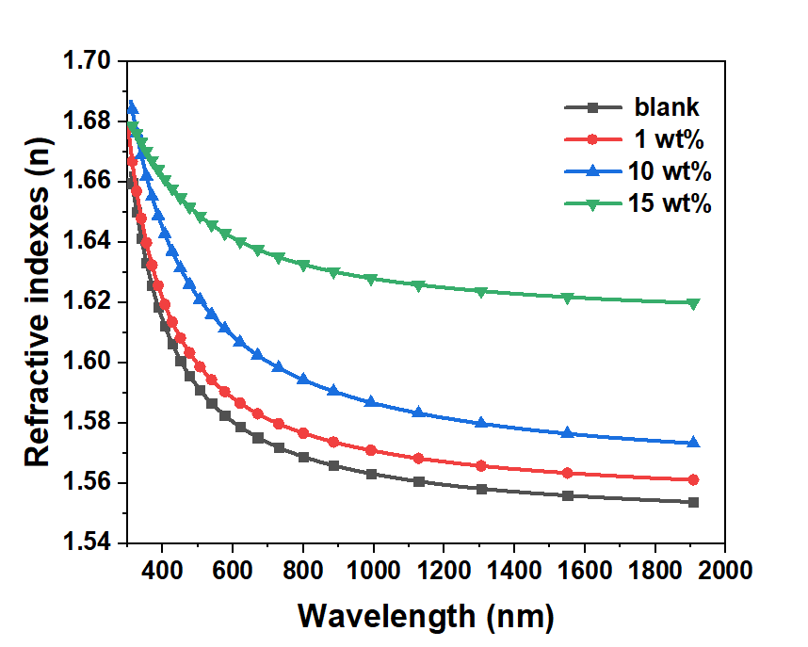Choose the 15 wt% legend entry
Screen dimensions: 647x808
click(669, 204)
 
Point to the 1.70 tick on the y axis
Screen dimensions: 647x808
click(89, 62)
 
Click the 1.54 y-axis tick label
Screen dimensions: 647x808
click(89, 543)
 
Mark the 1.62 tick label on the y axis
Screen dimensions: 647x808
click(89, 302)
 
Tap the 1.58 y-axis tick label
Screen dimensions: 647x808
click(89, 423)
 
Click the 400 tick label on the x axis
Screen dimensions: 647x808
click(162, 570)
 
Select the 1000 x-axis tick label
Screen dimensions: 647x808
click(374, 570)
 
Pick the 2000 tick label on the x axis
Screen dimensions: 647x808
click(725, 570)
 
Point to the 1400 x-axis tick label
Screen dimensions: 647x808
click(514, 570)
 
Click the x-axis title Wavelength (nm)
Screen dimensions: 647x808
click(426, 616)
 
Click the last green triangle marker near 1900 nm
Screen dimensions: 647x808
click(694, 303)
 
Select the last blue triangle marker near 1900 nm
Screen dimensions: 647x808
click(694, 443)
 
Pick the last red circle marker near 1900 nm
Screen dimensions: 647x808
click(694, 479)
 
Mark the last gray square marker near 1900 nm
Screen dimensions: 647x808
click(694, 502)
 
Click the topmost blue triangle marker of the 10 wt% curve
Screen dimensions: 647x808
click(133, 106)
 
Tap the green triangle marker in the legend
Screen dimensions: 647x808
click(592, 204)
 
